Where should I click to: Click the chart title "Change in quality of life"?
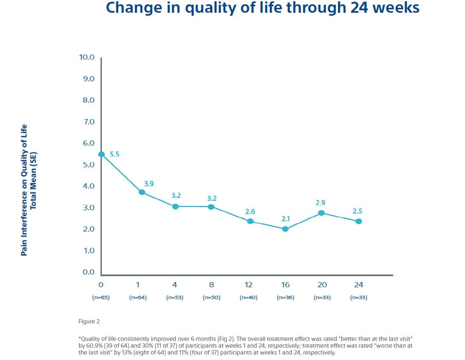pos(262,8)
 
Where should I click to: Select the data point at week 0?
pos(101,154)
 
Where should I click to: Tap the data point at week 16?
pos(285,229)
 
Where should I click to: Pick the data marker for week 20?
pos(321,213)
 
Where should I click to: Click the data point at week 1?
pos(142,192)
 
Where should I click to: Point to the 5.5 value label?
pos(115,154)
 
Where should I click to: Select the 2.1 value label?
pos(285,219)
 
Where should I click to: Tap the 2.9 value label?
pos(321,203)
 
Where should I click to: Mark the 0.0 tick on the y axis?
pos(88,272)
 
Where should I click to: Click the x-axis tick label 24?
pos(358,285)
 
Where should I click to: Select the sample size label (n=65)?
pos(101,297)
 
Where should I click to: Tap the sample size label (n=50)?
pos(211,297)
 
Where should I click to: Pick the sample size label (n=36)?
pos(285,297)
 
